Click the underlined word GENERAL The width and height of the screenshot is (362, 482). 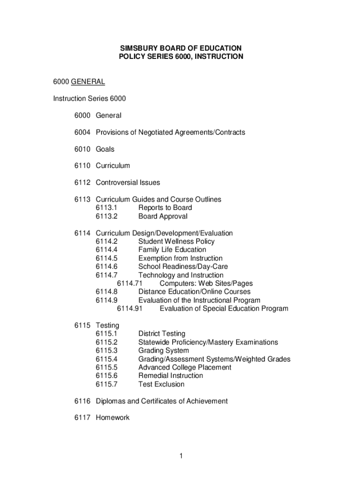point(88,82)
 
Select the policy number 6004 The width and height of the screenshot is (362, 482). point(82,132)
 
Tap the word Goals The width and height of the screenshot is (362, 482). point(105,149)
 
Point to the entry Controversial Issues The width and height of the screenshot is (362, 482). point(128,183)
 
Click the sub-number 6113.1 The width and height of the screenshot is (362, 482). point(107,208)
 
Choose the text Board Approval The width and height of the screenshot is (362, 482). point(163,216)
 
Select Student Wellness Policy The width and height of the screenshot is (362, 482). point(176,241)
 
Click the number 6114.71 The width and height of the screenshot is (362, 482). point(129,283)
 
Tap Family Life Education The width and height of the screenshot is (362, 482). point(172,249)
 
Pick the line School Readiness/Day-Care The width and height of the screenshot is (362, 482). point(183,266)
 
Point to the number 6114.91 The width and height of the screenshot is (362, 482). point(129,309)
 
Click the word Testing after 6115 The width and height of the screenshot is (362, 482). point(108,325)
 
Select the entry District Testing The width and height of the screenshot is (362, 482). point(162,334)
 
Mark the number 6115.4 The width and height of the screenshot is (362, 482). point(107,359)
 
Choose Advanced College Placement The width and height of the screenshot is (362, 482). point(185,367)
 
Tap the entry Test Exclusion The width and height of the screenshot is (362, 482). point(161,384)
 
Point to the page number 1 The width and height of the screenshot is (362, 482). point(181,456)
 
